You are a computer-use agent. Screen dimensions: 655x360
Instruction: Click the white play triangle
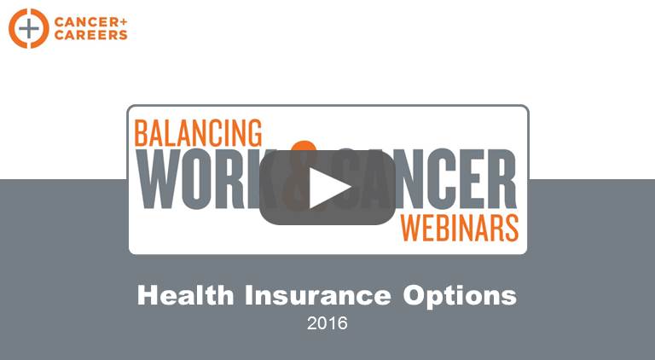(x=327, y=188)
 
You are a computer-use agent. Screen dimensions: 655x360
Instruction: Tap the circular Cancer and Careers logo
(x=29, y=28)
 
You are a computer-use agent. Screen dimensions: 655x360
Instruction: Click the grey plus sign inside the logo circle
(x=29, y=28)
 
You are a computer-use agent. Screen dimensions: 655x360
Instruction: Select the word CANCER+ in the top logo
(x=90, y=21)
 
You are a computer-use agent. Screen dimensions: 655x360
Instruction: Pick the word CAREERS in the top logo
(x=90, y=35)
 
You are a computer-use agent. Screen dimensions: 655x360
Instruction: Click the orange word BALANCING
(x=198, y=132)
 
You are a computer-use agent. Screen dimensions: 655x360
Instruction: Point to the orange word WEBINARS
(x=460, y=228)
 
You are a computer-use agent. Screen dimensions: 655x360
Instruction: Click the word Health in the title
(x=185, y=295)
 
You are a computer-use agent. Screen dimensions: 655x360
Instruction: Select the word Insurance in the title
(x=318, y=295)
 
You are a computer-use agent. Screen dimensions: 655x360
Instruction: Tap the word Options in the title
(x=460, y=297)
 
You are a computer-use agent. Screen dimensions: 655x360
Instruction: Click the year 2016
(x=327, y=323)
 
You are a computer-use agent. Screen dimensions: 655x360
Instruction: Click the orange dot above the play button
(x=304, y=147)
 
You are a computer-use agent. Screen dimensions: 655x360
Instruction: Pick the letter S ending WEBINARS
(x=512, y=228)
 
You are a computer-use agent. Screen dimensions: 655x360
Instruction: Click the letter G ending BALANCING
(x=255, y=132)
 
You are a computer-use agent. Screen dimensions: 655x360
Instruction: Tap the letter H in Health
(x=147, y=295)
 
